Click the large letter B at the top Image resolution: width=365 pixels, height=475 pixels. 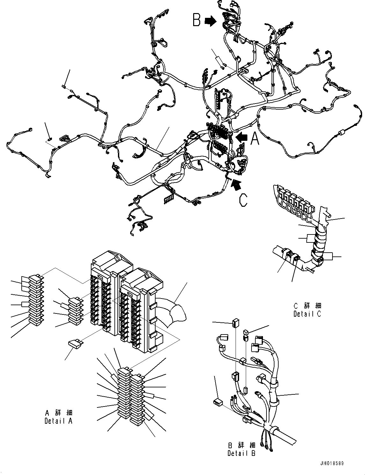pyautogui.click(x=197, y=19)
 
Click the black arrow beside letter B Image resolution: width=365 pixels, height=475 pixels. pyautogui.click(x=210, y=21)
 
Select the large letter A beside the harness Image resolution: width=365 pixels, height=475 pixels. pyautogui.click(x=255, y=139)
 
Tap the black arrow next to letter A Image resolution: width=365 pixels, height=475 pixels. pyautogui.click(x=242, y=137)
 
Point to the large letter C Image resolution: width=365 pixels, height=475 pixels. pyautogui.click(x=243, y=200)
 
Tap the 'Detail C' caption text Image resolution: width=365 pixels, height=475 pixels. pyautogui.click(x=307, y=314)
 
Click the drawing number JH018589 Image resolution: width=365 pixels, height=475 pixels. pyautogui.click(x=332, y=464)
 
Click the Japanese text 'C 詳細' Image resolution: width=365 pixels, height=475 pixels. pyautogui.click(x=307, y=306)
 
